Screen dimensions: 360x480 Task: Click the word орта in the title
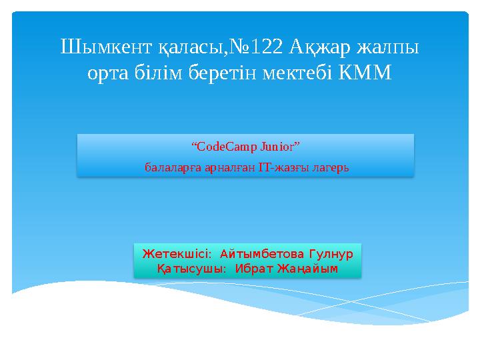pos(107,73)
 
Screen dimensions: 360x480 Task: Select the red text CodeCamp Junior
pos(246,146)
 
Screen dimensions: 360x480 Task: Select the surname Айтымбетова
pos(261,254)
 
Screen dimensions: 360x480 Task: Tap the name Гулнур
pos(330,254)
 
